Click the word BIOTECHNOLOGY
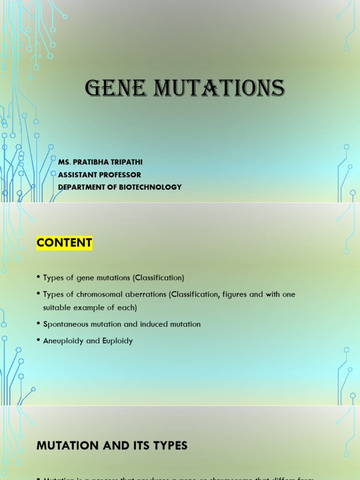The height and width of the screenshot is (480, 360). (150, 187)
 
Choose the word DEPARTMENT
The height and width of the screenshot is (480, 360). (80, 187)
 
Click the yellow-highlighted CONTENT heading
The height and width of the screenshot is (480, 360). (64, 243)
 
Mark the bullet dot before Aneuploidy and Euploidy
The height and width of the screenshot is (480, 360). (38, 341)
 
